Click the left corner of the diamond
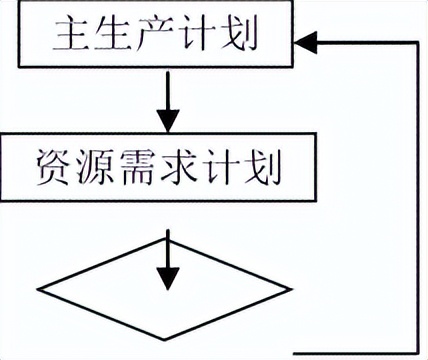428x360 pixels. [40, 289]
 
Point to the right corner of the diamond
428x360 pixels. [292, 289]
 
